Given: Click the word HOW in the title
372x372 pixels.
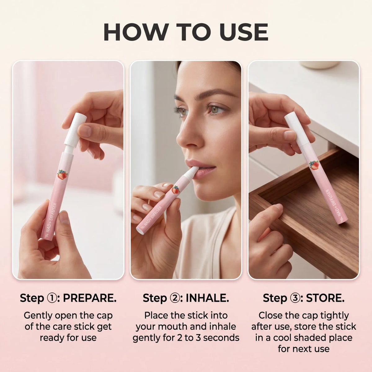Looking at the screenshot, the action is click(x=135, y=32).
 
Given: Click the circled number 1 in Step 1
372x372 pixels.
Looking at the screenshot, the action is click(x=52, y=298).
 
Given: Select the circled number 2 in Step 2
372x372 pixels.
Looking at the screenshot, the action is click(x=175, y=298).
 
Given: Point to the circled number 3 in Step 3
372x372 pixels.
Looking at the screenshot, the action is click(x=295, y=298).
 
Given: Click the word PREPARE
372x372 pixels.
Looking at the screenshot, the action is click(x=90, y=298).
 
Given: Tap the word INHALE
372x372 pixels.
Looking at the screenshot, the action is click(x=207, y=298).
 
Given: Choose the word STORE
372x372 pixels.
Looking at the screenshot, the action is click(x=325, y=298).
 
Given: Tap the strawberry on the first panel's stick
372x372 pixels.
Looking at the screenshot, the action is click(x=63, y=175).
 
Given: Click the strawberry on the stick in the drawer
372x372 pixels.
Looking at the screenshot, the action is click(x=314, y=165).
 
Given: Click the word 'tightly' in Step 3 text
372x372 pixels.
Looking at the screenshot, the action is click(x=334, y=316).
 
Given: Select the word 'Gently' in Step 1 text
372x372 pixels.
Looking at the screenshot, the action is click(x=38, y=316).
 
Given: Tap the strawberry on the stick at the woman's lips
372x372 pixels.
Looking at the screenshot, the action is click(x=175, y=190).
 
